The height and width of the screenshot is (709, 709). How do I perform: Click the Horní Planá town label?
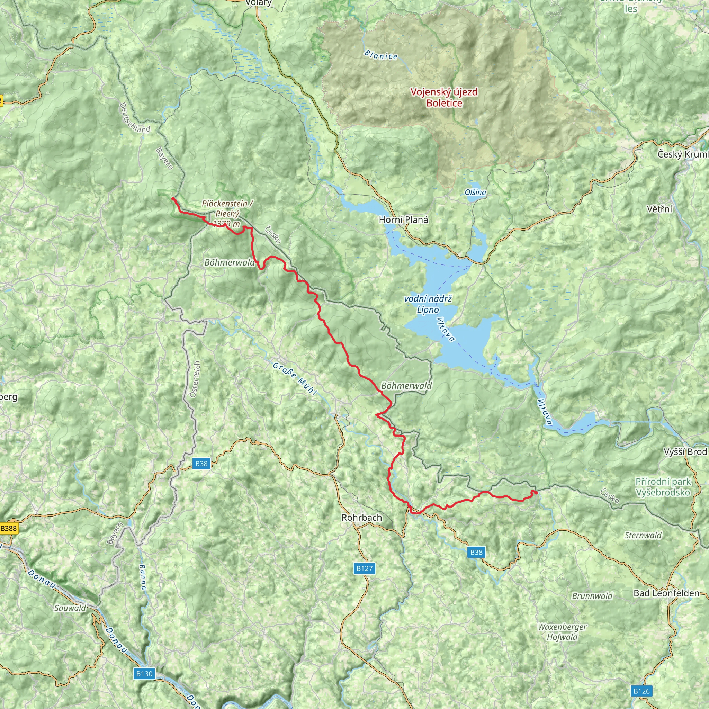coord(403,220)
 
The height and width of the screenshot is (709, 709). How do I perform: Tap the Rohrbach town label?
coord(361,518)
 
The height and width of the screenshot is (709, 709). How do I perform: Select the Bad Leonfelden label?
coord(666,593)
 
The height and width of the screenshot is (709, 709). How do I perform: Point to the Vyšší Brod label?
coord(685,452)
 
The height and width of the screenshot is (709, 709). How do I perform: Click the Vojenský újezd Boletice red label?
coord(444,97)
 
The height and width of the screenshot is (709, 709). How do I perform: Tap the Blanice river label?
coord(381,55)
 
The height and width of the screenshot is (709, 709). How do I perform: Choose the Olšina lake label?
coord(475,192)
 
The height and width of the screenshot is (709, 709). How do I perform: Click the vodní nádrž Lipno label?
coord(428,304)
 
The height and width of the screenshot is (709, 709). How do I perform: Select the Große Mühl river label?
coord(295,378)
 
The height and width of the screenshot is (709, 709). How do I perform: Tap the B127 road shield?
coord(365,568)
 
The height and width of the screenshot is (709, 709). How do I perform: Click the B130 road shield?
coord(144,674)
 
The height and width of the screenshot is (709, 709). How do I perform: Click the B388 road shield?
coord(8,528)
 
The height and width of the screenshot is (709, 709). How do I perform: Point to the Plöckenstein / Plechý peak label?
coord(227,213)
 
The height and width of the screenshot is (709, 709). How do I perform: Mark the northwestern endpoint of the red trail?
coord(173,198)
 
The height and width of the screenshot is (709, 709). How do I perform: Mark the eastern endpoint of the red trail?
coord(536,493)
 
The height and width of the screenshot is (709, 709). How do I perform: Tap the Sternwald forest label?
coord(643,536)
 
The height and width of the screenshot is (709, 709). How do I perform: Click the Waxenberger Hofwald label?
coord(562,632)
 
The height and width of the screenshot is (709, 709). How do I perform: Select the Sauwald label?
coord(70,608)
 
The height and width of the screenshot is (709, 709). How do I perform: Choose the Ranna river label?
coord(142,577)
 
